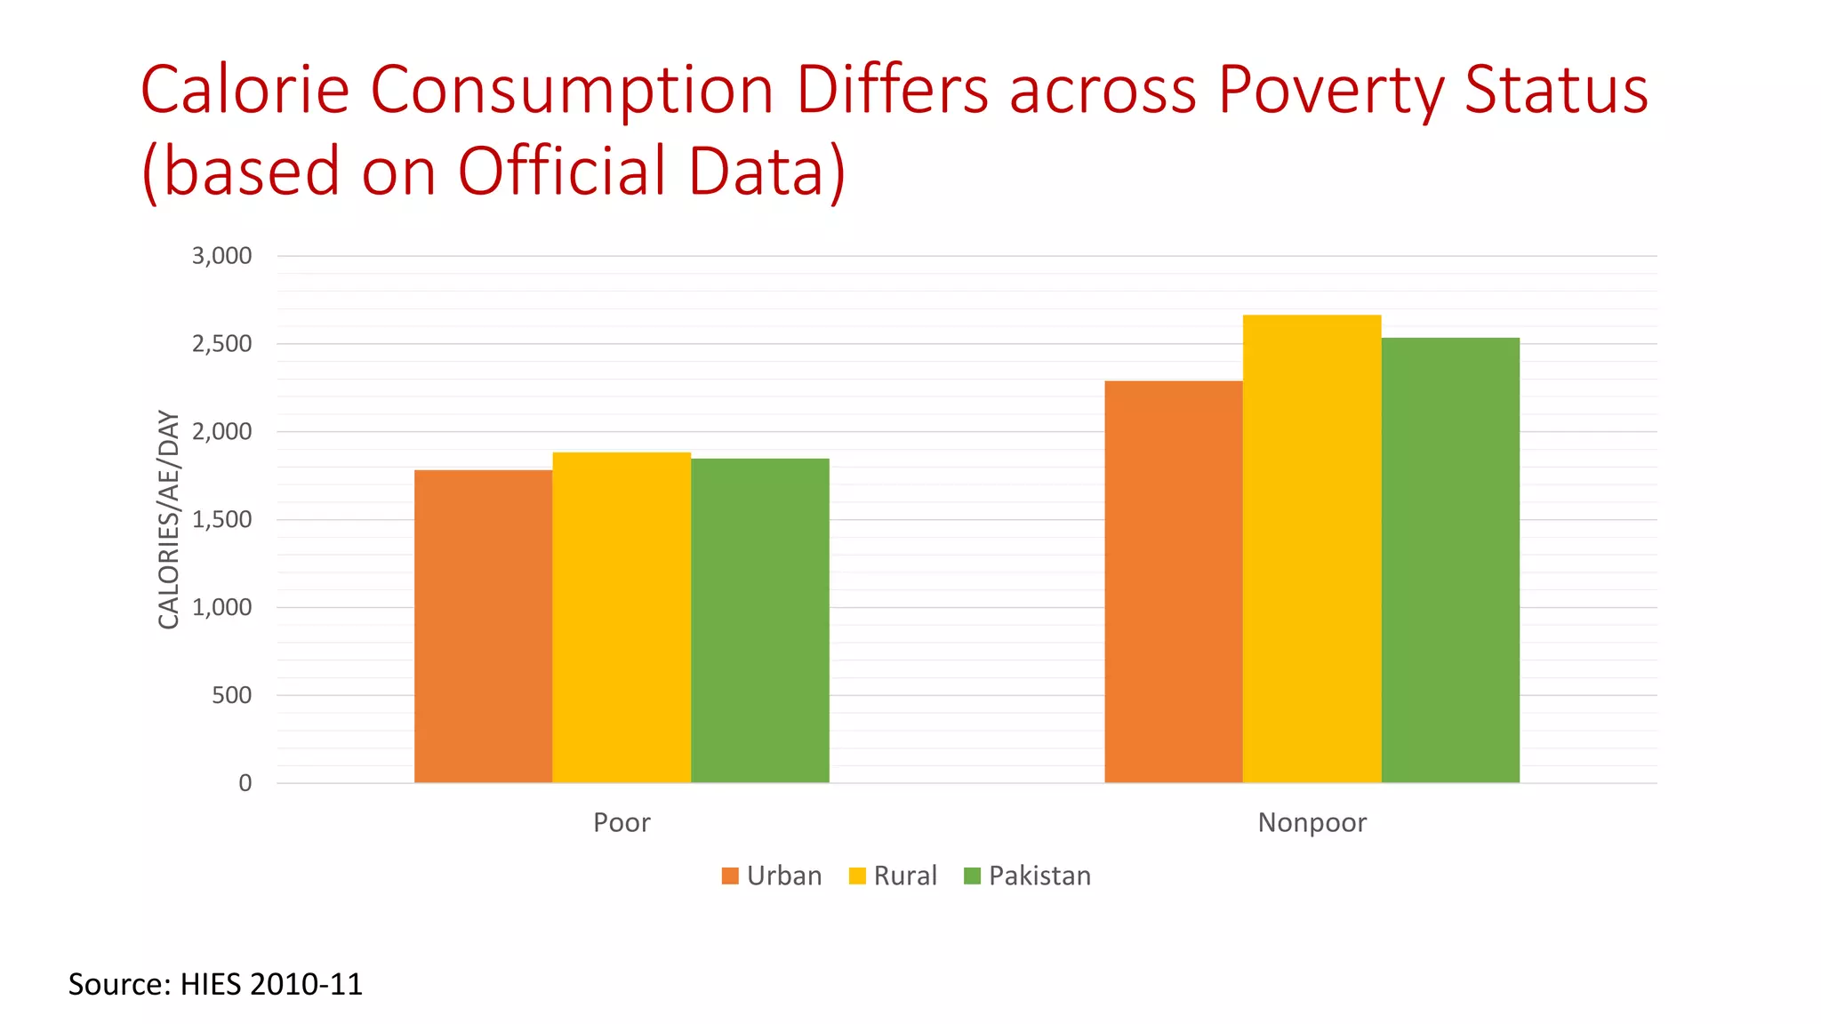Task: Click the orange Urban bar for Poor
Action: pyautogui.click(x=483, y=626)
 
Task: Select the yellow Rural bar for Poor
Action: pyautogui.click(x=622, y=617)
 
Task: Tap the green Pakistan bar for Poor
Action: pyautogui.click(x=759, y=620)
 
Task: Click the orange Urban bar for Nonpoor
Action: pyautogui.click(x=1174, y=581)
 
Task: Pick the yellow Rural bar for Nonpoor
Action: pyautogui.click(x=1312, y=548)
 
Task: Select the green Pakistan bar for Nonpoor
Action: pyautogui.click(x=1450, y=560)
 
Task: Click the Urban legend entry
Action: pyautogui.click(x=772, y=876)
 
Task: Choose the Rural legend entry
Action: pyautogui.click(x=893, y=876)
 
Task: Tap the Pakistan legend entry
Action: pyautogui.click(x=1027, y=876)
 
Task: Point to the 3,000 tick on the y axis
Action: pyautogui.click(x=222, y=256)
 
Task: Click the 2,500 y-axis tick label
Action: pyautogui.click(x=222, y=344)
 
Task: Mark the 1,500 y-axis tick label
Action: pyautogui.click(x=222, y=519)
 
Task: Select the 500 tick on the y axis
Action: pyautogui.click(x=232, y=695)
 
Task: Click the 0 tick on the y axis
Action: pyautogui.click(x=245, y=783)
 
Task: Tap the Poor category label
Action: pyautogui.click(x=622, y=822)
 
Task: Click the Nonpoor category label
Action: pyautogui.click(x=1312, y=822)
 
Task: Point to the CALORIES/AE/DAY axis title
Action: pyautogui.click(x=168, y=519)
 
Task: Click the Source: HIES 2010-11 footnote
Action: pyautogui.click(x=215, y=984)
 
